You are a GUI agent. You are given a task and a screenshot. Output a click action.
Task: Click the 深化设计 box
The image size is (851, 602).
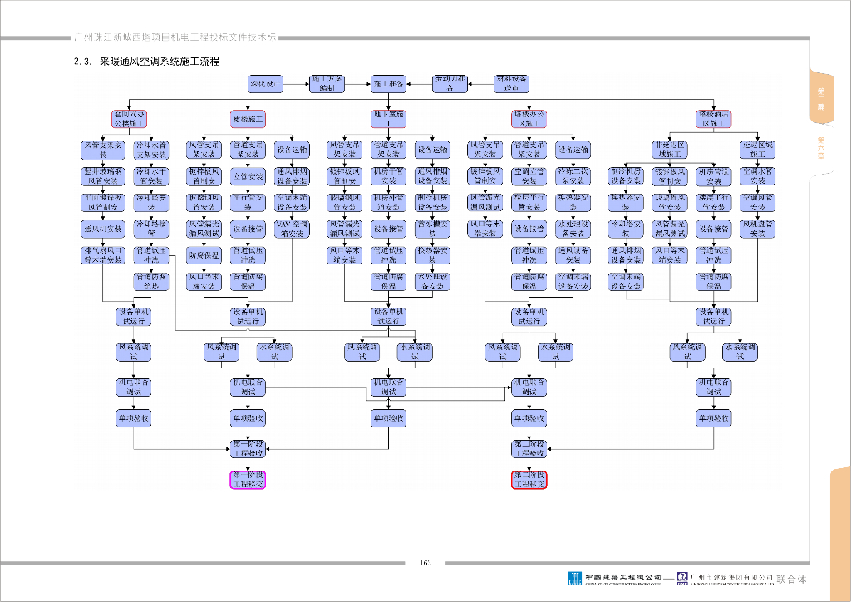[266, 83]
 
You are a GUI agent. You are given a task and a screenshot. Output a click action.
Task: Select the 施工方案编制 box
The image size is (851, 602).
[327, 83]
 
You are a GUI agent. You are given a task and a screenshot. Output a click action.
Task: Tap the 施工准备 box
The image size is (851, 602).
[388, 83]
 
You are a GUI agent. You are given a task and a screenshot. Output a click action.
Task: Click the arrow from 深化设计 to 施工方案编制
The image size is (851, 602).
[297, 83]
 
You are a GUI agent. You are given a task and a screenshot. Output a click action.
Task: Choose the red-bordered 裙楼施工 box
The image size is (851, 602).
[248, 119]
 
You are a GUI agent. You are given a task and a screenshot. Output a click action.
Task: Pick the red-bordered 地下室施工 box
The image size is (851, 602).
[388, 119]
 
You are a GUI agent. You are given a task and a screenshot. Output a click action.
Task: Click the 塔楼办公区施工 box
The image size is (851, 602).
[529, 119]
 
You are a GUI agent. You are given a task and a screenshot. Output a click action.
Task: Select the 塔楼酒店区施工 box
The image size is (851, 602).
[714, 119]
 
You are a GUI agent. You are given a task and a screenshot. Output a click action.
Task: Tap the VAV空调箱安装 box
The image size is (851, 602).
[292, 228]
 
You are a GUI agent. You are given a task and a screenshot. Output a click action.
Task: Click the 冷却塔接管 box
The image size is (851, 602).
[151, 228]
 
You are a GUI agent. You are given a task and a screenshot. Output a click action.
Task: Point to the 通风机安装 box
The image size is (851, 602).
[103, 228]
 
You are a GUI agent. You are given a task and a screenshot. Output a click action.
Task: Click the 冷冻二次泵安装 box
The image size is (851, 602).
[573, 176]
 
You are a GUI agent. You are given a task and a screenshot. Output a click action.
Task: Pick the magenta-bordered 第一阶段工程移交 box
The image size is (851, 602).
[248, 479]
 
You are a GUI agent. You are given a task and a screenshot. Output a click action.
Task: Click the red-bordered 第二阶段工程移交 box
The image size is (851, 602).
[529, 479]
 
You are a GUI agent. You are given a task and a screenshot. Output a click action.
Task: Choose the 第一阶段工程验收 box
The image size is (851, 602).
[248, 449]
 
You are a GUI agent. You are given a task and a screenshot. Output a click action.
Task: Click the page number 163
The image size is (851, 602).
[425, 563]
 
